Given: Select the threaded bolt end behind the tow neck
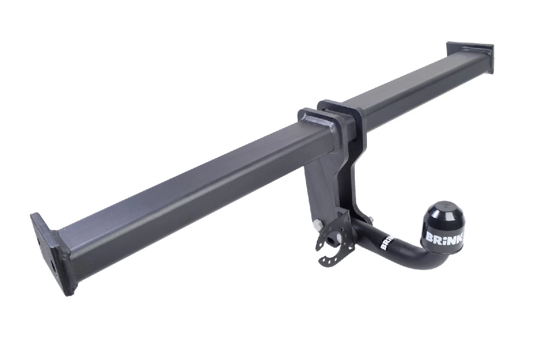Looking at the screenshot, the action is pos(372,221).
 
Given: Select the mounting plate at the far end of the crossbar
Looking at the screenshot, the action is pos(470,58).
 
